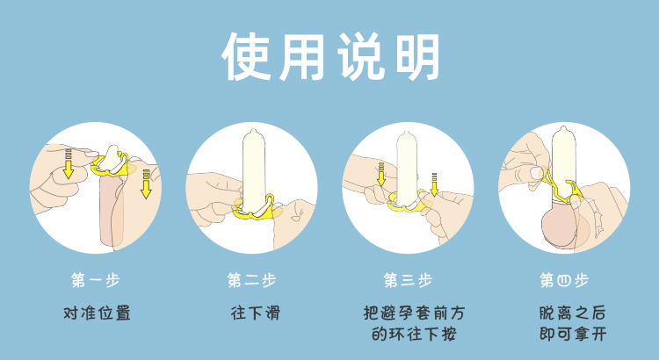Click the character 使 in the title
point(245,56)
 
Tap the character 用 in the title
point(301,57)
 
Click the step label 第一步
point(96,280)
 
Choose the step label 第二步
point(252,280)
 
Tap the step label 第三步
point(408,280)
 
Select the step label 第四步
point(564,280)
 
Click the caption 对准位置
point(97,313)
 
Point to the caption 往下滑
point(255,313)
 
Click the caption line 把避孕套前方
point(414,313)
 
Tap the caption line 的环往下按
point(414,335)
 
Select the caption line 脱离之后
point(572,313)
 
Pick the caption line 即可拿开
point(572,335)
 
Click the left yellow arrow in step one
point(68,164)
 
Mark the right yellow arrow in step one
point(146,184)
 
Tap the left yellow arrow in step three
point(381,175)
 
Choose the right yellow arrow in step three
point(435,185)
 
